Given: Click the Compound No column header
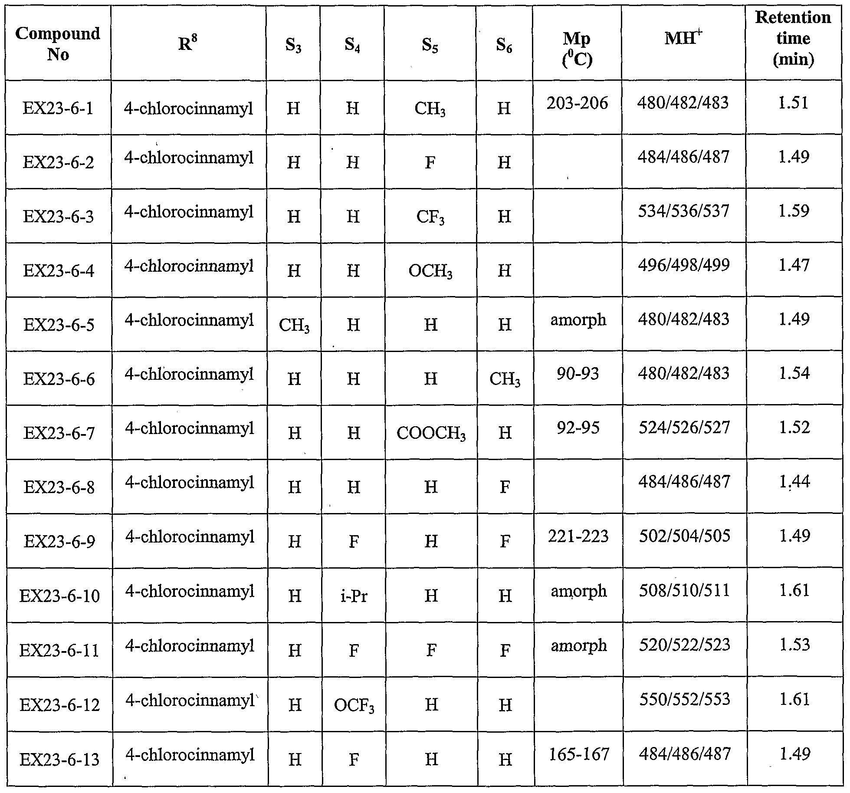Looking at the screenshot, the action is [58, 44].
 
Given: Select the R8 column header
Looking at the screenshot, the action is [188, 43].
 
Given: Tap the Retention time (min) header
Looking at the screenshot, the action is [793, 39].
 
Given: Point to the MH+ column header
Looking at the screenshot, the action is [683, 39].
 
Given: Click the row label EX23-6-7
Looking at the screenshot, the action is [59, 433].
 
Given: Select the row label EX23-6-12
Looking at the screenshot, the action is [60, 705].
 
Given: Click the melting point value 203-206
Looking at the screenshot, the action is [577, 103].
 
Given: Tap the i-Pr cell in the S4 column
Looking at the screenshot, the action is [354, 596].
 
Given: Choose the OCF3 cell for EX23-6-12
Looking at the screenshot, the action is [354, 706].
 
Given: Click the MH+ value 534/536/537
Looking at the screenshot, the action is [684, 211].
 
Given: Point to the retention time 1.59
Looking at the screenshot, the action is [794, 211].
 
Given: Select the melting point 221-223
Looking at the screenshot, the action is [578, 536].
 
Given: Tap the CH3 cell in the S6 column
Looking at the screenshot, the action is [505, 379].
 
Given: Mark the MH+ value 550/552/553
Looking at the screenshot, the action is [685, 699].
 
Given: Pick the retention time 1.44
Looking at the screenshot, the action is [794, 482].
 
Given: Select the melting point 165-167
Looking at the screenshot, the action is [579, 754].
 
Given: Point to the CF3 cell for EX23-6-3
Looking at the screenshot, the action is [430, 217].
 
